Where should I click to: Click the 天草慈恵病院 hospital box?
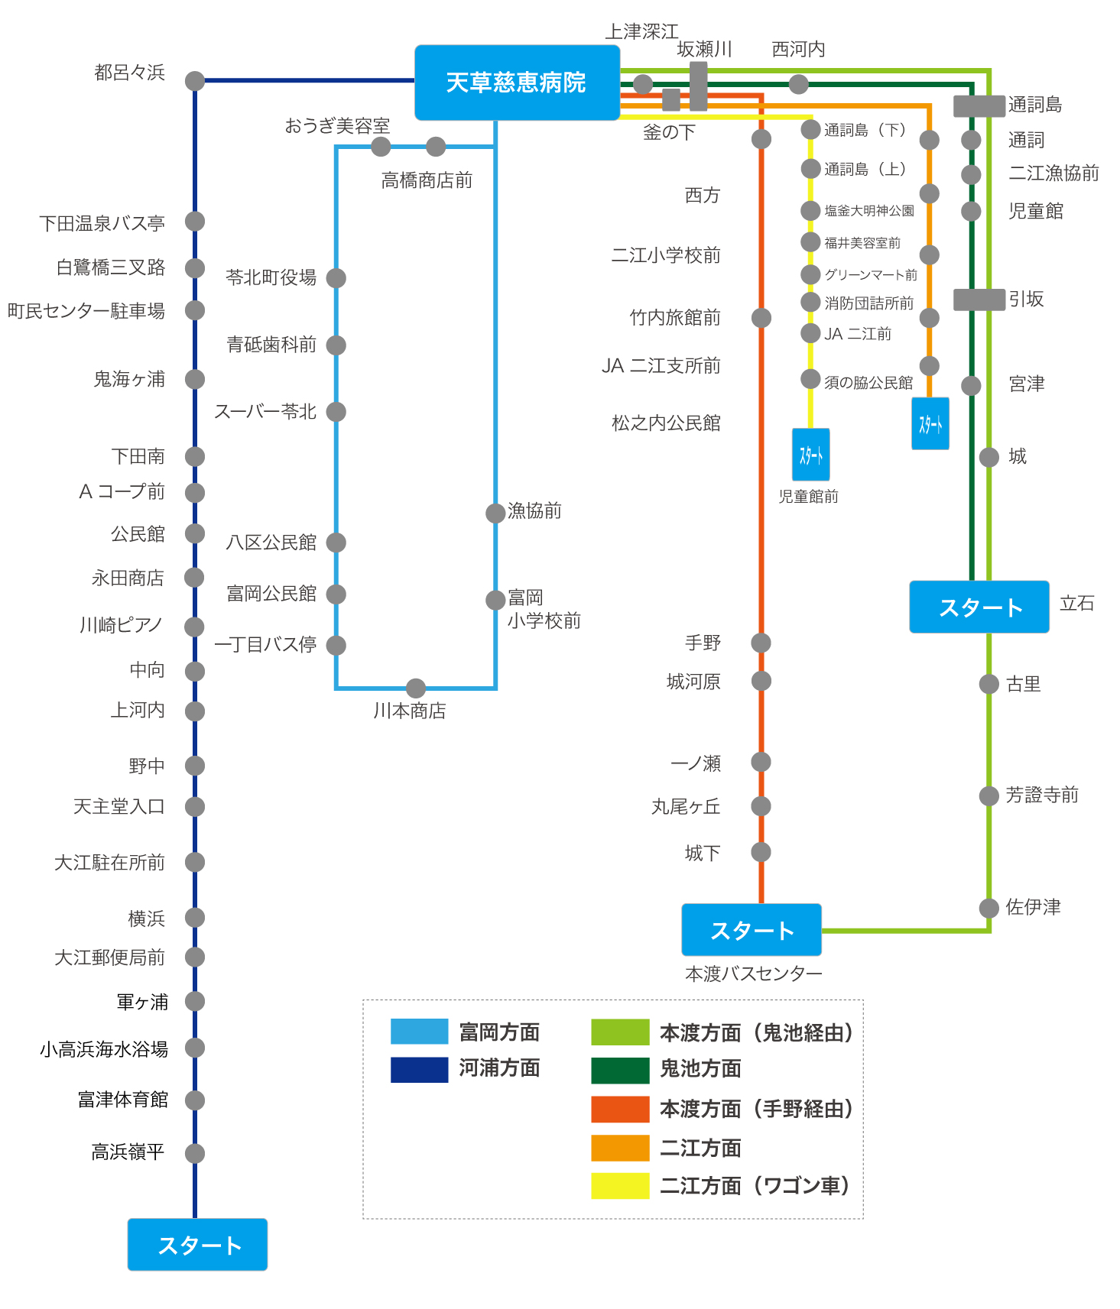pyautogui.click(x=517, y=83)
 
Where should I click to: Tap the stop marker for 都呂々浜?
pyautogui.click(x=195, y=80)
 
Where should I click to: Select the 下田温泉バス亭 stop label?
pyautogui.click(x=102, y=223)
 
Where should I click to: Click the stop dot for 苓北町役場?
pyautogui.click(x=336, y=278)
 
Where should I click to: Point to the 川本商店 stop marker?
pyautogui.click(x=416, y=688)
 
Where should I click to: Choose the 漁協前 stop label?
pyautogui.click(x=535, y=510)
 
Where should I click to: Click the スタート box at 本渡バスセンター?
pyautogui.click(x=752, y=930)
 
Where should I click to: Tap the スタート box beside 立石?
pyautogui.click(x=979, y=607)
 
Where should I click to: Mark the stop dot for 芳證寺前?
pyautogui.click(x=989, y=795)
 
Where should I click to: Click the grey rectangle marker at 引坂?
pyautogui.click(x=979, y=300)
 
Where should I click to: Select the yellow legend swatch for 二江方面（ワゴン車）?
pyautogui.click(x=620, y=1185)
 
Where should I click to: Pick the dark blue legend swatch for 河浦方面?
pyautogui.click(x=419, y=1069)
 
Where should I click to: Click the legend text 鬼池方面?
pyautogui.click(x=701, y=1069)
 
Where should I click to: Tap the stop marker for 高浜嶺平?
pyautogui.click(x=195, y=1153)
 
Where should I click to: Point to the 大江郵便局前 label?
pyautogui.click(x=110, y=957)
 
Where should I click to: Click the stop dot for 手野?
pyautogui.click(x=761, y=643)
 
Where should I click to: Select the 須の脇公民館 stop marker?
pyautogui.click(x=811, y=379)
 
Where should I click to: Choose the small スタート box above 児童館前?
pyautogui.click(x=811, y=455)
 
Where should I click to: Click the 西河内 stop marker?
pyautogui.click(x=799, y=84)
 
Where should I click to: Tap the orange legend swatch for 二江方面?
pyautogui.click(x=620, y=1148)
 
